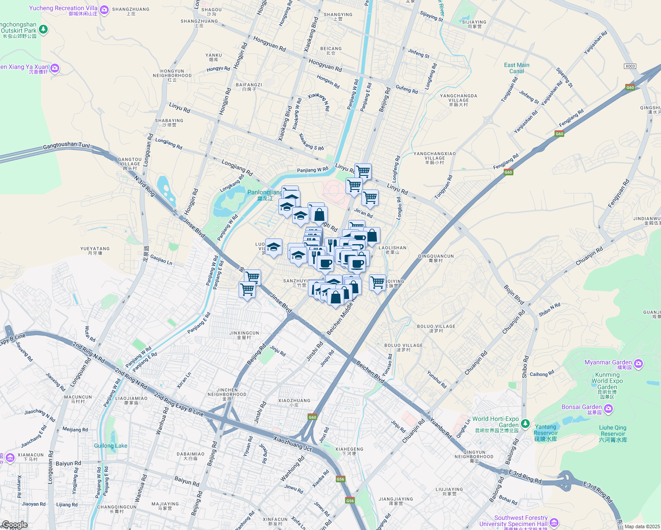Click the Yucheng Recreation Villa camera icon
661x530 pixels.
104,9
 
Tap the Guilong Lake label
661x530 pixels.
110,446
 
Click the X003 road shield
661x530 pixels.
630,66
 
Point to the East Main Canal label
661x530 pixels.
517,68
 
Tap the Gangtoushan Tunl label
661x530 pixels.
66,146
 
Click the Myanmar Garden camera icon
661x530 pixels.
638,363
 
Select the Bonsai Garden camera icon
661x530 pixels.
608,409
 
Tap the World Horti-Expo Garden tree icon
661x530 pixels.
525,424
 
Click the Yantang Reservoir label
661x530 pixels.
545,433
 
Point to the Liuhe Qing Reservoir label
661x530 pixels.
613,433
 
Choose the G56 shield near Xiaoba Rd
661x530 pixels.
340,479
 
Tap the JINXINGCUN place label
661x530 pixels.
244,335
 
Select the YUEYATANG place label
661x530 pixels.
95,250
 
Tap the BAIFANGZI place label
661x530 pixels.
249,87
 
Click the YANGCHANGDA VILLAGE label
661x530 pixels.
459,100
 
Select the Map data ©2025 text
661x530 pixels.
642,526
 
